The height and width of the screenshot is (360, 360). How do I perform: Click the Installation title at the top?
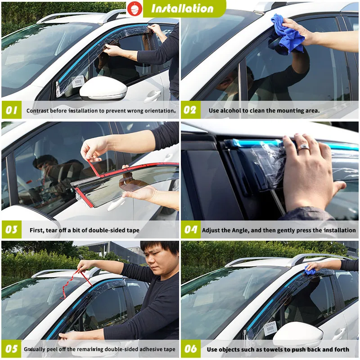point(182,9)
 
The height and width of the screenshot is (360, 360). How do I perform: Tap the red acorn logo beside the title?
point(133,8)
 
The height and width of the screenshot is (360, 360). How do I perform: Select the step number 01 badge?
point(11,110)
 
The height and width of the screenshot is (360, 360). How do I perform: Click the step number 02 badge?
point(191,110)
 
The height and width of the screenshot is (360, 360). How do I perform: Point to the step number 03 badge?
point(11,230)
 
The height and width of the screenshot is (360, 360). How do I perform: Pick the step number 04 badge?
point(191,230)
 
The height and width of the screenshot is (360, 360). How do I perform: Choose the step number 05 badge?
point(11,349)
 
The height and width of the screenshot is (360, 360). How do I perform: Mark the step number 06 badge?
point(191,349)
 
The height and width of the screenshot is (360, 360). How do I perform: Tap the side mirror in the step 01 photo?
point(103,89)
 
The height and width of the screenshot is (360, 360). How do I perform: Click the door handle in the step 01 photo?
point(153,95)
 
